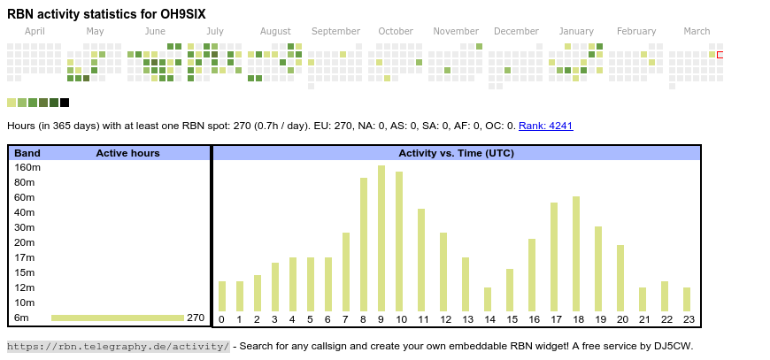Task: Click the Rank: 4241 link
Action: [x=546, y=126]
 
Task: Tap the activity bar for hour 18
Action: [x=576, y=254]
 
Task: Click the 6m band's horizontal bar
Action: [x=117, y=318]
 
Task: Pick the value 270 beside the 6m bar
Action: [x=196, y=318]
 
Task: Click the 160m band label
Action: [x=27, y=167]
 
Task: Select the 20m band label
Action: [x=25, y=242]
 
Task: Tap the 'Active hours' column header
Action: [x=127, y=153]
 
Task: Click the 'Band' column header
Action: [x=27, y=153]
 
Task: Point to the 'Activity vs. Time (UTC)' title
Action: [x=456, y=153]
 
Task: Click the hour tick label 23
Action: [x=687, y=319]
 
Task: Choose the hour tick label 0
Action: [x=222, y=319]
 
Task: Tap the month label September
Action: [x=335, y=31]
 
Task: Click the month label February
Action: [x=636, y=31]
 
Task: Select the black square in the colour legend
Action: [x=65, y=103]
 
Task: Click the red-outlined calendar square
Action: [x=720, y=55]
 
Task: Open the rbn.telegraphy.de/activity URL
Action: [x=119, y=346]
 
